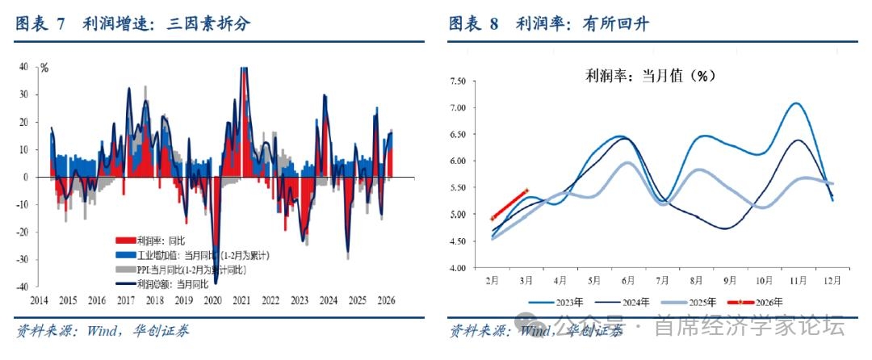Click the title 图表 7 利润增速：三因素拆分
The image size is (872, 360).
click(133, 24)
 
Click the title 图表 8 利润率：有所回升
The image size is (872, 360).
click(549, 24)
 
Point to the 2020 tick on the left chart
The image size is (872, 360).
click(212, 299)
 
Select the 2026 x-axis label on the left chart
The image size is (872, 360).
click(387, 299)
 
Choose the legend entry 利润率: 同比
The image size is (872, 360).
click(162, 241)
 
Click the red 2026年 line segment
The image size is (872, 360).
click(509, 204)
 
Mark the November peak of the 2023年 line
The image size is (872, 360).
click(796, 103)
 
